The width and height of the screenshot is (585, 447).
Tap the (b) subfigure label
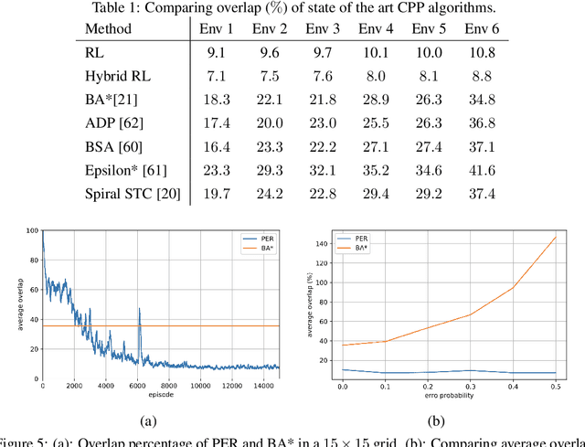click(437, 422)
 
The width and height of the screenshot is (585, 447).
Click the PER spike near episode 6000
click(140, 311)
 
